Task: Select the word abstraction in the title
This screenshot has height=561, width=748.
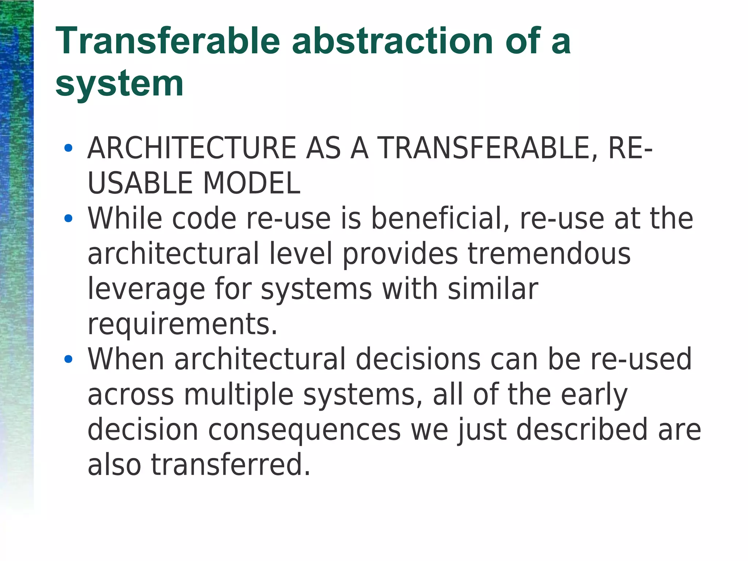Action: click(393, 41)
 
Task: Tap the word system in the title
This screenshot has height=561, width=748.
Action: click(119, 84)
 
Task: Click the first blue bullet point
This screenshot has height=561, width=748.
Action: click(68, 148)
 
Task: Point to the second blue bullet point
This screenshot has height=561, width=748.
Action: click(68, 219)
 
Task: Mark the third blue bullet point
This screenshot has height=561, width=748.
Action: click(68, 359)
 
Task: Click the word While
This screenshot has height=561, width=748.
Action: click(125, 219)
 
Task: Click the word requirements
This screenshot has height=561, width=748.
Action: click(182, 324)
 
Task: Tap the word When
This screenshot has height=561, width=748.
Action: click(126, 359)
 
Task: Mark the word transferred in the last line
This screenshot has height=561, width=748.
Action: click(230, 465)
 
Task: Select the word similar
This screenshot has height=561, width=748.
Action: click(493, 289)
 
